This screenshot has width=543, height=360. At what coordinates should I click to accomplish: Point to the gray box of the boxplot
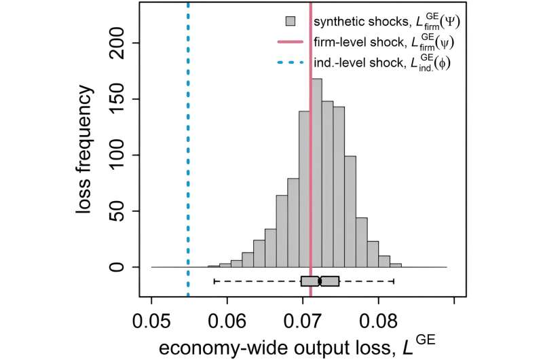pyautogui.click(x=320, y=281)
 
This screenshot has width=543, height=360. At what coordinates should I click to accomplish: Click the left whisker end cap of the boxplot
pyautogui.click(x=214, y=281)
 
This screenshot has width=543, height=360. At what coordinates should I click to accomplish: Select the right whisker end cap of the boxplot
pyautogui.click(x=394, y=281)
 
